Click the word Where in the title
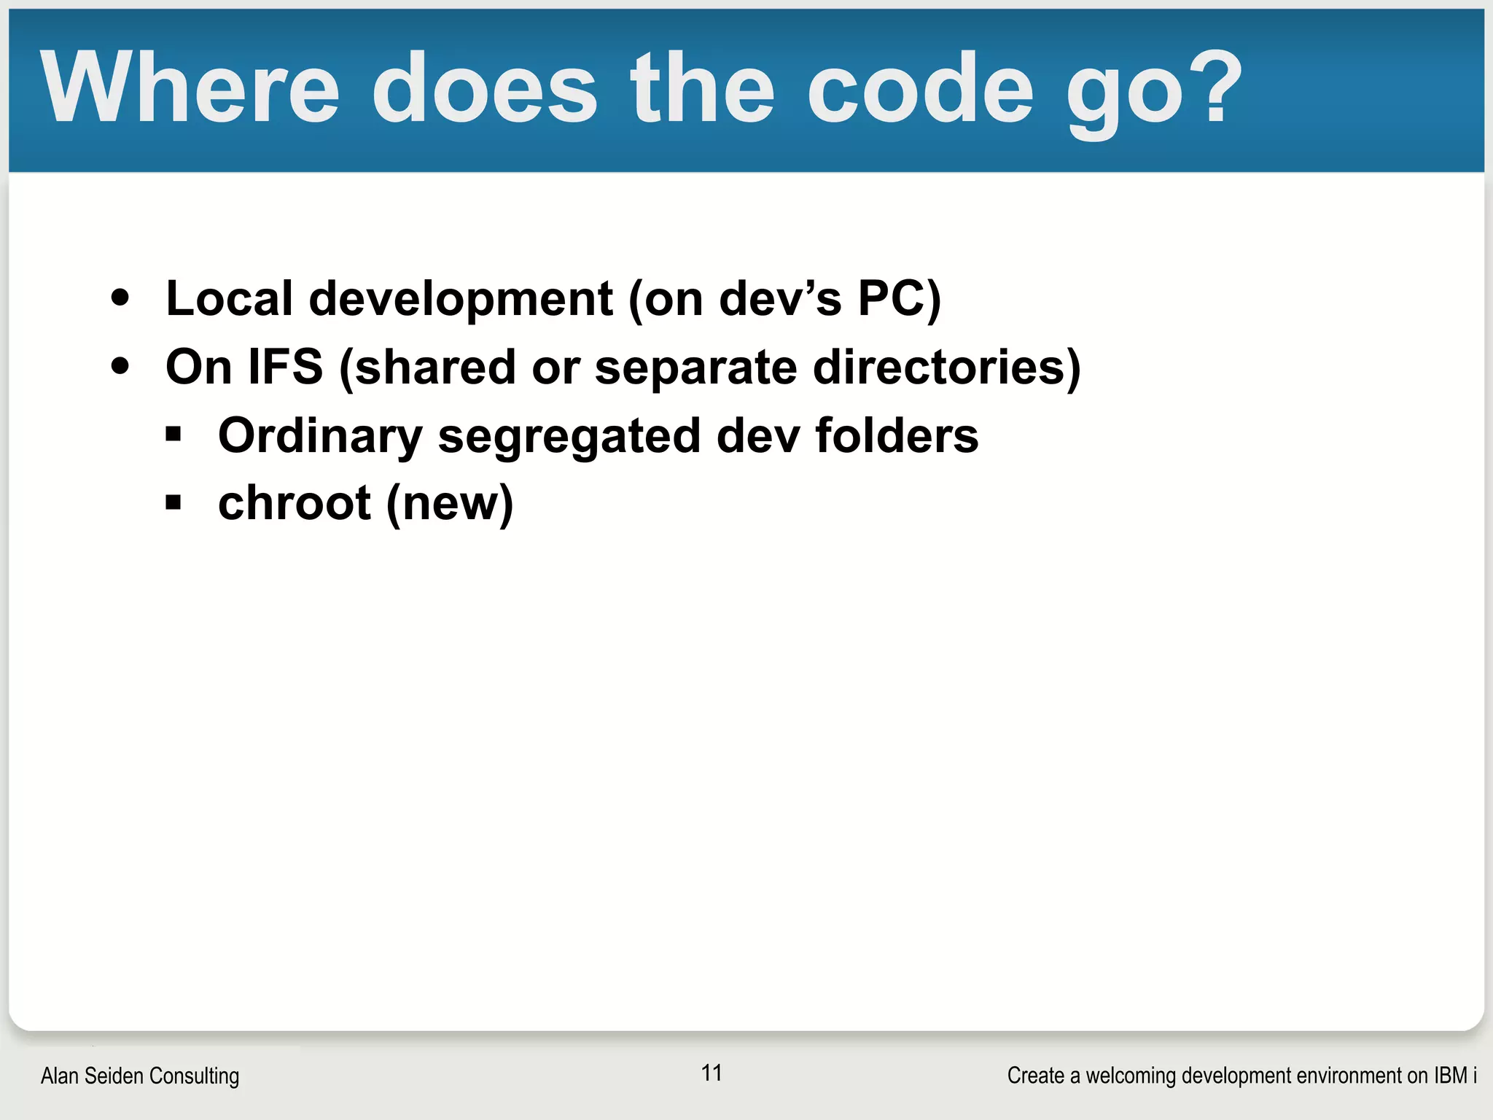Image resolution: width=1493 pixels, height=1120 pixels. [x=190, y=89]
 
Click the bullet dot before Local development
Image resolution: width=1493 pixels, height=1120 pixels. [x=120, y=298]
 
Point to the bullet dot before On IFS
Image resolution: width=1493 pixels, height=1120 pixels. [x=120, y=366]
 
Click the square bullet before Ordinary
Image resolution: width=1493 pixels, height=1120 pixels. [x=173, y=435]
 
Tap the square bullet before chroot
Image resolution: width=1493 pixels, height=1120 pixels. [x=173, y=502]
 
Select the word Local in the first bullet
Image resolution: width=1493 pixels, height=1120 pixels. [x=229, y=298]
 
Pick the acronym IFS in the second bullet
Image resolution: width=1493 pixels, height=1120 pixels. [x=285, y=366]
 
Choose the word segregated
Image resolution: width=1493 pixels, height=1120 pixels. [x=569, y=437]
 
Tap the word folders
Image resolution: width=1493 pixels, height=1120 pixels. [x=897, y=435]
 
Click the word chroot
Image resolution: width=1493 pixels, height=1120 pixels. [x=295, y=503]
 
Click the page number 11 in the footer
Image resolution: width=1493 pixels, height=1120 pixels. [x=712, y=1073]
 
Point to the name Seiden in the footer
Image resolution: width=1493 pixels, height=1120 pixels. [x=117, y=1076]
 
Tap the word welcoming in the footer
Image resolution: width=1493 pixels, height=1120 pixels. [x=1128, y=1076]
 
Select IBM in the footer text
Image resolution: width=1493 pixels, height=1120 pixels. [x=1450, y=1076]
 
